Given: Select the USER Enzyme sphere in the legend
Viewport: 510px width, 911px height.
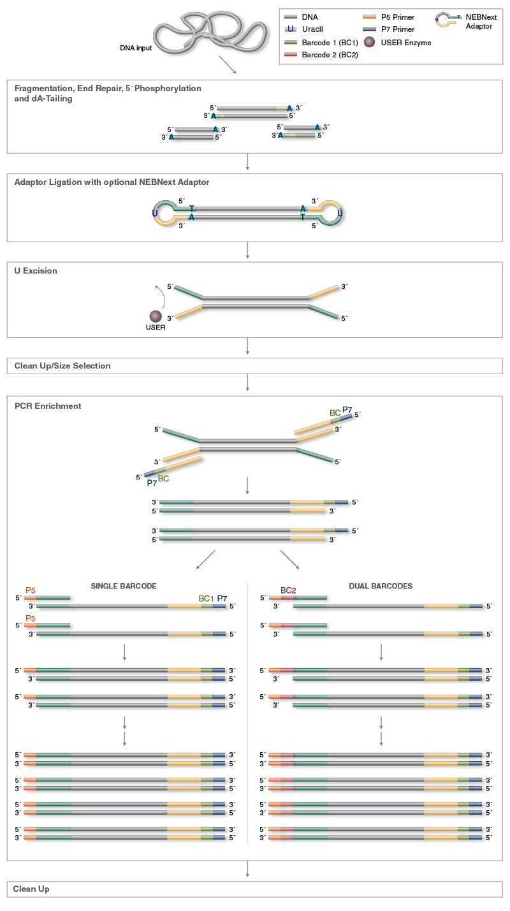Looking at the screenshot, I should tap(369, 43).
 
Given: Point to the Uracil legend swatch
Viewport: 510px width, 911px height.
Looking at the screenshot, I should tap(291, 30).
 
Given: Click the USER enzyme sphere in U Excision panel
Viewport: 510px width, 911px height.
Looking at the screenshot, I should tap(155, 316).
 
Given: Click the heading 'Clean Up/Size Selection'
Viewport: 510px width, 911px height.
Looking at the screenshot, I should tap(62, 366).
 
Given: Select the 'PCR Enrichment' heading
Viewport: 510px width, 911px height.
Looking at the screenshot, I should tap(48, 406).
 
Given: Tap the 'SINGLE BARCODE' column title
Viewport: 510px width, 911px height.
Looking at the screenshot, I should tap(124, 586).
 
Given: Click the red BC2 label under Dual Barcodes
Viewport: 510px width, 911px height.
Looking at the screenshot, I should tap(288, 590).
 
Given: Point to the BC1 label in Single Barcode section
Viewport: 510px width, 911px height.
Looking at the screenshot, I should tap(206, 599).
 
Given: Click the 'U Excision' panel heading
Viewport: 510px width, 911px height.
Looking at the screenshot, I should tap(36, 271).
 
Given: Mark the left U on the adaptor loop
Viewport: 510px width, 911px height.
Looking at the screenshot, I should tap(155, 213).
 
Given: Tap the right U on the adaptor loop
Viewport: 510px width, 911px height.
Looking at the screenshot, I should tap(340, 213).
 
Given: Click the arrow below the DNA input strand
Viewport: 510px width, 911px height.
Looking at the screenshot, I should tap(227, 64).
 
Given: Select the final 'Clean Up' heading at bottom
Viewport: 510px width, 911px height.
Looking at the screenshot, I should tap(31, 889).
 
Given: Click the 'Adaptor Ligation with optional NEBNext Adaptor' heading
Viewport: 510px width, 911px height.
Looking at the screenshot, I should tap(112, 182).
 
